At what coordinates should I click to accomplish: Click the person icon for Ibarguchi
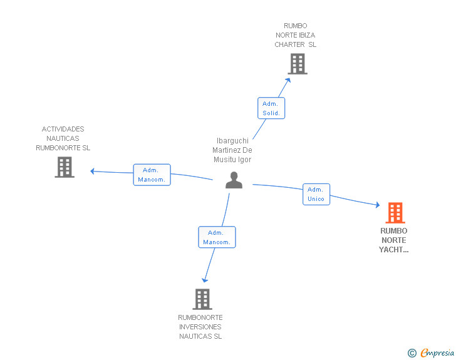pos(234,180)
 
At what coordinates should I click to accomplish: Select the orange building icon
pos(395,213)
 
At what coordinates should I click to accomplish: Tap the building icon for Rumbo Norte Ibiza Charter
pos(298,64)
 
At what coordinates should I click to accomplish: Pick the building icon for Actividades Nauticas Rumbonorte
pos(65,167)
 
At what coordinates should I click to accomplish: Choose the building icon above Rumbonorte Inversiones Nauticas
pos(202,299)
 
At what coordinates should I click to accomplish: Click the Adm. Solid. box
pos(271,108)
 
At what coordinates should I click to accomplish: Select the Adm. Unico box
pos(316,194)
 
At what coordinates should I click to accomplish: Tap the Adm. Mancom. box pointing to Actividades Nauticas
pos(152,175)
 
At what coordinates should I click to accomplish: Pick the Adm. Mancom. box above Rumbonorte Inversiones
pos(217,237)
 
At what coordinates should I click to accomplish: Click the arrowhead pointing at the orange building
pos(378,205)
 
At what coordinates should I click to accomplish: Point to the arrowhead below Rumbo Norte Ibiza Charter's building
pos(288,80)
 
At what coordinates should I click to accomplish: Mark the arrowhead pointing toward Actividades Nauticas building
pos(93,172)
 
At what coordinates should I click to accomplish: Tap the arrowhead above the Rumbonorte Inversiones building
pos(205,280)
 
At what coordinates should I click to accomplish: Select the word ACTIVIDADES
pos(63,129)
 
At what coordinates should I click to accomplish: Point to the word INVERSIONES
pos(200,327)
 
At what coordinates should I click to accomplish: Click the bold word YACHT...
pos(391,250)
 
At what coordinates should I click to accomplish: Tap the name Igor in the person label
pos(244,160)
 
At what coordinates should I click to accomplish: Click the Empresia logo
pos(431,352)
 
